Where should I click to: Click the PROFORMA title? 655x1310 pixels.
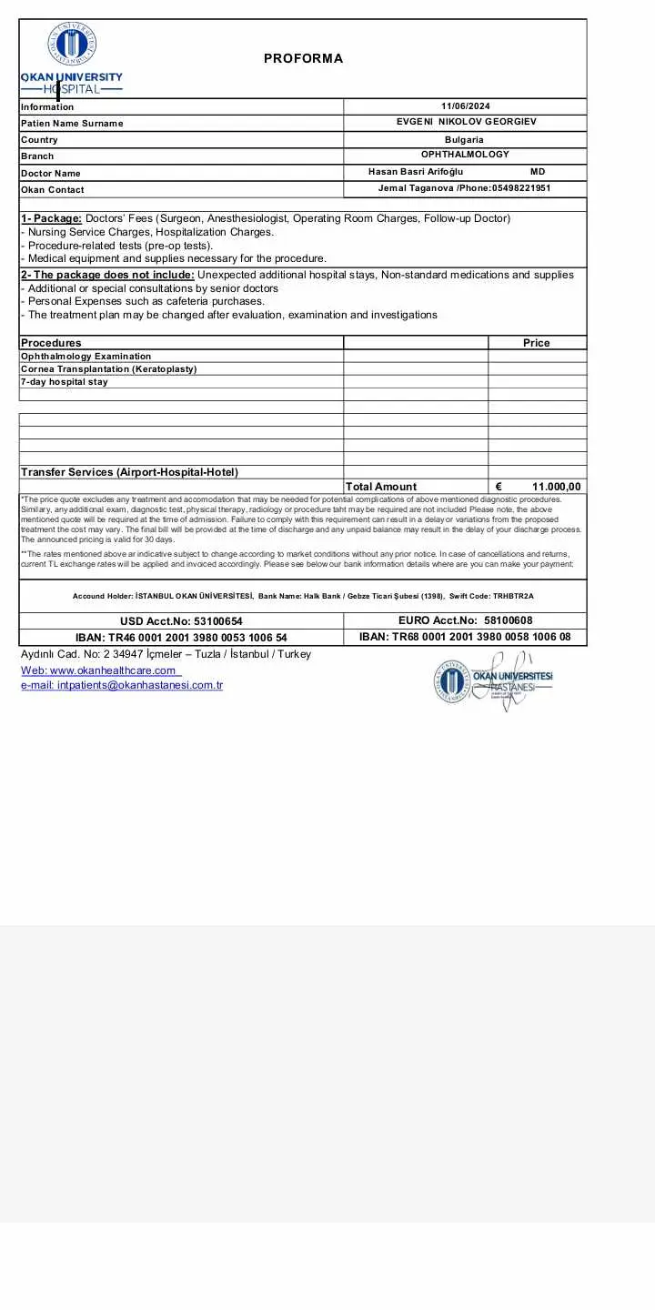(303, 58)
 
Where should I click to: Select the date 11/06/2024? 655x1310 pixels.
(465, 106)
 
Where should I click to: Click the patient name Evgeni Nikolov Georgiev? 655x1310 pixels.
(466, 121)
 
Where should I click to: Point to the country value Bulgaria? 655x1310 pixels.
(464, 139)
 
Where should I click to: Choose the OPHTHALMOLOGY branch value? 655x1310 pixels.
(465, 155)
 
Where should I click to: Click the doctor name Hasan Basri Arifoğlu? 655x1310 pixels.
(416, 172)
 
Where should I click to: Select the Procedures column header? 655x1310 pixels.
(51, 343)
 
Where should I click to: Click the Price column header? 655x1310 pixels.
(537, 343)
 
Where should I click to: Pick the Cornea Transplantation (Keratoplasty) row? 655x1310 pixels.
(108, 369)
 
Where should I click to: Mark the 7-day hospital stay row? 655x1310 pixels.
(65, 382)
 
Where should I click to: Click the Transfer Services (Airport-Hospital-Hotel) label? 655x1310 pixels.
(129, 472)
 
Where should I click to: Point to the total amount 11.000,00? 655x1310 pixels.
(556, 487)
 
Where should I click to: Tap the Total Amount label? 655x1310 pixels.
(381, 487)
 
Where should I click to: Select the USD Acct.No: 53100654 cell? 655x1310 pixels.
(181, 621)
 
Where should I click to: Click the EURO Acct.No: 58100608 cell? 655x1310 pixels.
(465, 620)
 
